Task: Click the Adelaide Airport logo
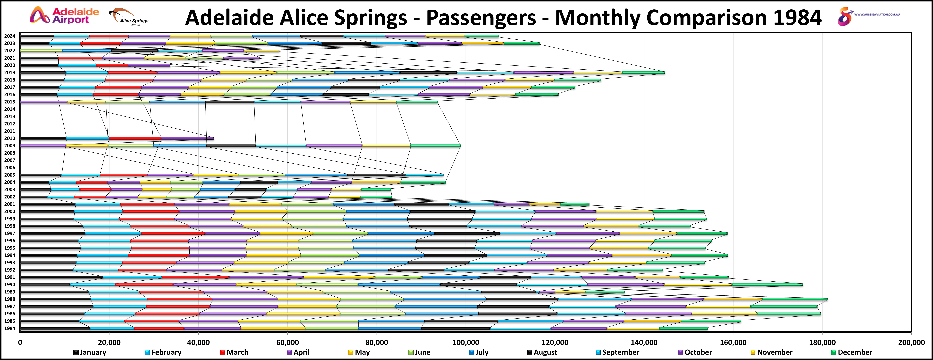click(64, 16)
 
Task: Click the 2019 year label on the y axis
click(10, 72)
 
